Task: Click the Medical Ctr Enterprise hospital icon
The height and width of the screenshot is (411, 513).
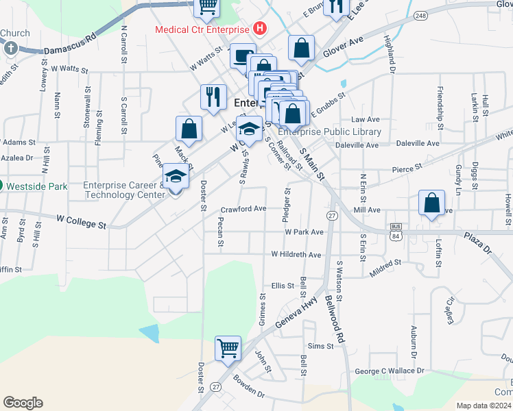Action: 259,29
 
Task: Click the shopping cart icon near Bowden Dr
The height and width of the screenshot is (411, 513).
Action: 228,347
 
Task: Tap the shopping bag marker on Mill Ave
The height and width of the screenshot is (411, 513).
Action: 431,204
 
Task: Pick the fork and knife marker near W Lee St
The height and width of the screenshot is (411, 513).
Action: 213,97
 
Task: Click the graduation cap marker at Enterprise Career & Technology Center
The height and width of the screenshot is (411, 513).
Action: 176,177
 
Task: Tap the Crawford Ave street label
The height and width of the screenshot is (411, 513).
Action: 243,209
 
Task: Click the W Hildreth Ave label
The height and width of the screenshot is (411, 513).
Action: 296,255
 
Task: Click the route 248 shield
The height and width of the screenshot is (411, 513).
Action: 420,15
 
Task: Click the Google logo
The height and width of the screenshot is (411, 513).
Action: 23,403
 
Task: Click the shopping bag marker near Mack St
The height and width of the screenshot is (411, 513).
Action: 189,128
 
